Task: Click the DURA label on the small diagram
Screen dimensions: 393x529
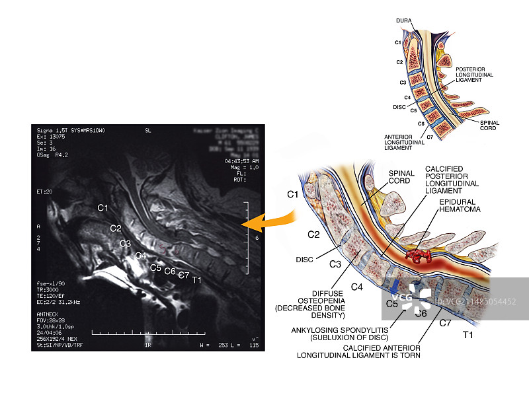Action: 404,21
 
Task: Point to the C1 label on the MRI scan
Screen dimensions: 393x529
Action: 102,208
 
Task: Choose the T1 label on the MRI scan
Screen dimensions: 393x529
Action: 196,280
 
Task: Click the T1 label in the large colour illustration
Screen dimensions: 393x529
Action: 468,336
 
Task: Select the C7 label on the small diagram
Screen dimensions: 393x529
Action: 430,137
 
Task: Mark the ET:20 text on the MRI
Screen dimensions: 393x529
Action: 45,191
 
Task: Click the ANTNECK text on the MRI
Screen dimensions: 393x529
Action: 49,314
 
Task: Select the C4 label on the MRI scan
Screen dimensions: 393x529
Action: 140,256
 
